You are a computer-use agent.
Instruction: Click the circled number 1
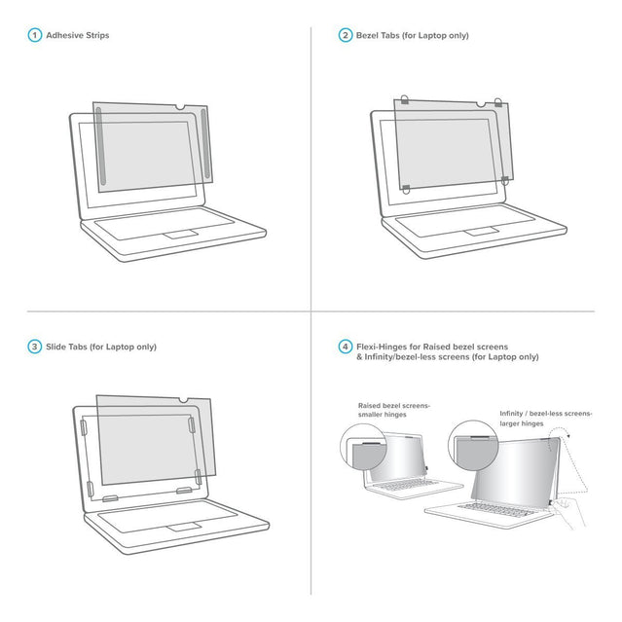34,36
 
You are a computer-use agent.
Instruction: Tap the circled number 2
345,36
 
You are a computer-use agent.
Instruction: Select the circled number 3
34,347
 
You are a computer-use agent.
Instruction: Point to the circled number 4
345,347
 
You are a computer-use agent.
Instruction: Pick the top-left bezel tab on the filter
404,101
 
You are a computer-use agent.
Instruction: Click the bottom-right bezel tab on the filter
505,178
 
